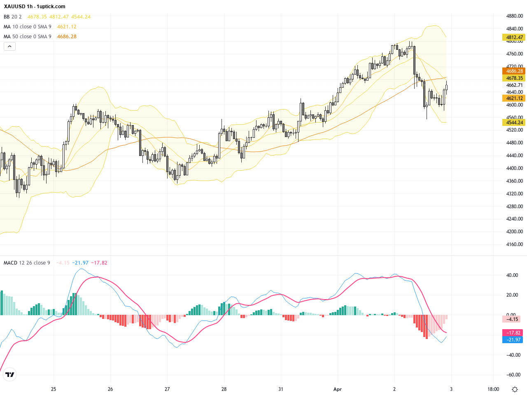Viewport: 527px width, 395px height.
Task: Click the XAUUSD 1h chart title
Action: click(x=35, y=7)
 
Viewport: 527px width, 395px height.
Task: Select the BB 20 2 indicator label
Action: click(x=13, y=17)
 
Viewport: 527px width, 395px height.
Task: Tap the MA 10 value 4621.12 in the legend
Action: click(x=67, y=27)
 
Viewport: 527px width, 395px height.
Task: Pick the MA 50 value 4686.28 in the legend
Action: click(x=67, y=37)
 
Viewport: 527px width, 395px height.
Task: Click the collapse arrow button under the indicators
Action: click(x=9, y=46)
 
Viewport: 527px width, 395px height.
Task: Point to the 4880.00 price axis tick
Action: click(x=514, y=16)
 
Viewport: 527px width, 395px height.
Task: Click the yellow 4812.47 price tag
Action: click(x=514, y=37)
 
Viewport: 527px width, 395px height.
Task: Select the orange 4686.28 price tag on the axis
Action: click(x=514, y=71)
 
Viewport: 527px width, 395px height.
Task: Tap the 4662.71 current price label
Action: click(x=514, y=85)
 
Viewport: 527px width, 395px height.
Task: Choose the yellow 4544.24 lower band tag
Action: click(x=514, y=123)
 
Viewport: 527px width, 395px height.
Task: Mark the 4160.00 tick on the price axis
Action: click(x=514, y=244)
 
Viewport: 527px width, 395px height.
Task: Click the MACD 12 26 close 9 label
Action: click(x=27, y=263)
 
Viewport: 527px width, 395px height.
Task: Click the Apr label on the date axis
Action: click(x=338, y=389)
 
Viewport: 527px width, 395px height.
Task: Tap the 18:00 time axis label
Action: click(x=493, y=389)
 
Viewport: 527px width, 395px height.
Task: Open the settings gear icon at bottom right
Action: click(x=515, y=389)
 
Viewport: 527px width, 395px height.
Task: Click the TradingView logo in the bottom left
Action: click(x=9, y=374)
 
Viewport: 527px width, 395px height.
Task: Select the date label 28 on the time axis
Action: click(x=224, y=389)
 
